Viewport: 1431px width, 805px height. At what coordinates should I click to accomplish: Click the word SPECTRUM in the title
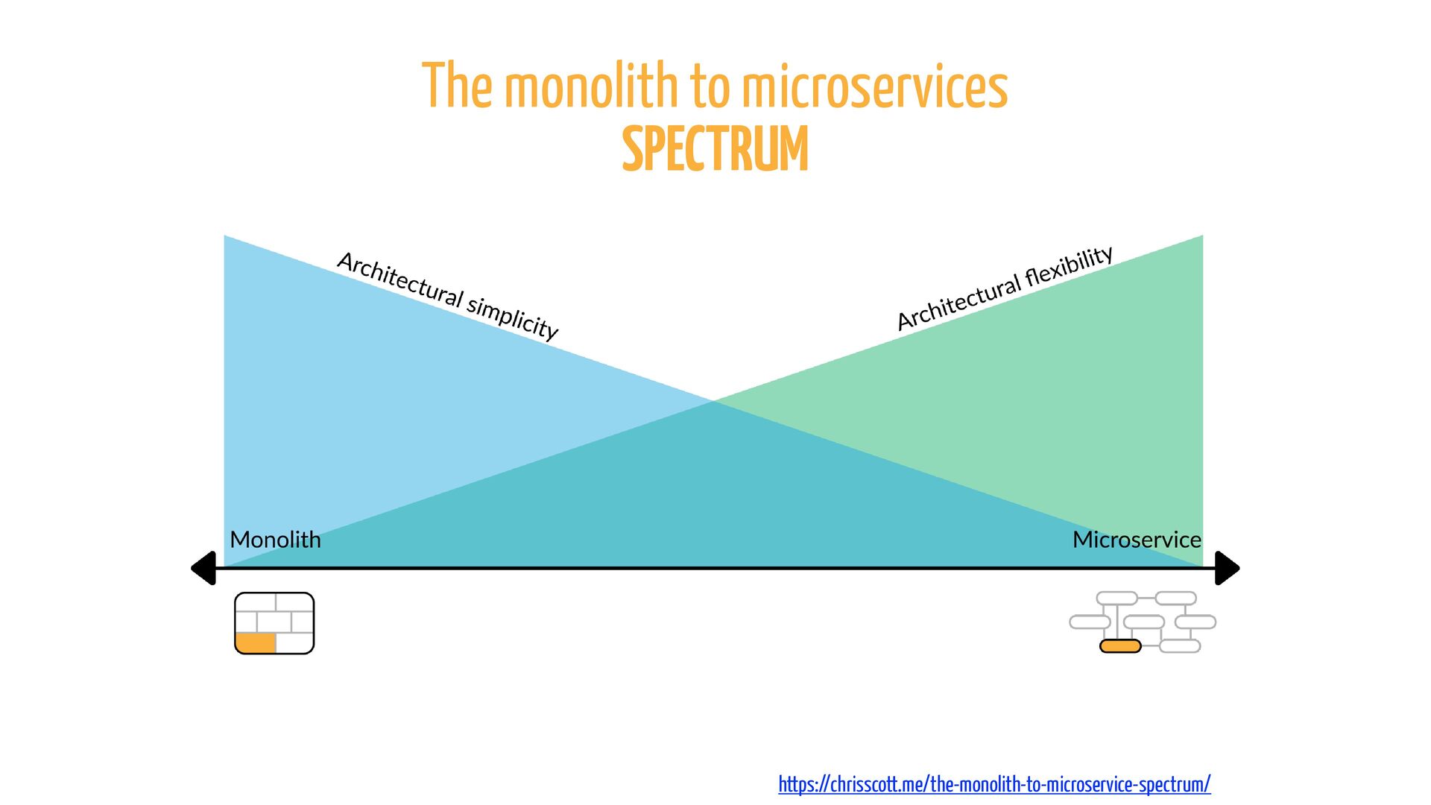715,149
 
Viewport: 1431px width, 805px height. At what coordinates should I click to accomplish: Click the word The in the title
457,86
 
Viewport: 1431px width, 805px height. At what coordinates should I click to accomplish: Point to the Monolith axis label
275,539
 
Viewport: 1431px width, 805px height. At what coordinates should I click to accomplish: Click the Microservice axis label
1137,539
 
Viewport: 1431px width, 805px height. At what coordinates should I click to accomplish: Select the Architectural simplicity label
447,295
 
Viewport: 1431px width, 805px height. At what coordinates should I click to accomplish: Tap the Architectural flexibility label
1005,288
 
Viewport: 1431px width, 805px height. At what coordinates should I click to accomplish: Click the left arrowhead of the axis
203,568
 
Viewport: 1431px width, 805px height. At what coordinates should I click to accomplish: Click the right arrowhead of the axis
1228,568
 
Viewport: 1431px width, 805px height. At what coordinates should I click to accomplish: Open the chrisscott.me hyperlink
994,783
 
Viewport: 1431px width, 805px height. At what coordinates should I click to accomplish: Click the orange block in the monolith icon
256,643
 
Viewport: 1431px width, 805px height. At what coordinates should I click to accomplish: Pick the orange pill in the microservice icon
1120,645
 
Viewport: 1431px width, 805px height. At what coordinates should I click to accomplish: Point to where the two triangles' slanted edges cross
714,401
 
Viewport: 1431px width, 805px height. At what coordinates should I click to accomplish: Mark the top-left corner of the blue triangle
224,236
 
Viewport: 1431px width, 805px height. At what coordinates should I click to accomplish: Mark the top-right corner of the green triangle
1203,236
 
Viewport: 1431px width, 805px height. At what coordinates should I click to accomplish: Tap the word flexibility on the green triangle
1070,266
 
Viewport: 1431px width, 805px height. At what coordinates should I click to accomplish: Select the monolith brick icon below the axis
274,623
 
